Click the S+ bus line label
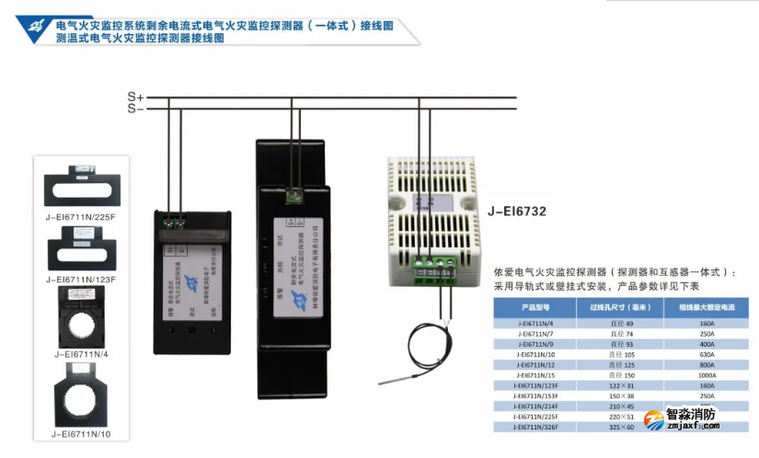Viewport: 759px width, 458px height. point(134,96)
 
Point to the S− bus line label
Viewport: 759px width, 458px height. point(134,108)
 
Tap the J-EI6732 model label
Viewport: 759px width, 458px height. point(519,211)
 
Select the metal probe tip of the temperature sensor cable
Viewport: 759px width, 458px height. point(401,377)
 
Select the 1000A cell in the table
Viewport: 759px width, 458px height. point(707,375)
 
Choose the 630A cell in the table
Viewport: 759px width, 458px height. point(707,354)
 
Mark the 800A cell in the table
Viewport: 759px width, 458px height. point(707,365)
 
